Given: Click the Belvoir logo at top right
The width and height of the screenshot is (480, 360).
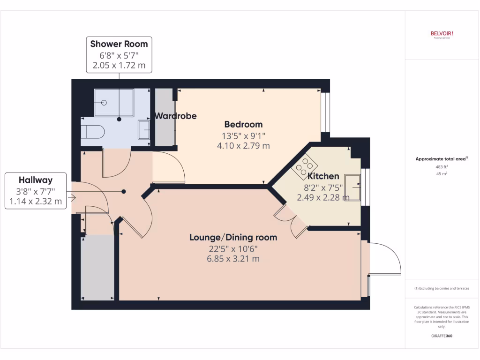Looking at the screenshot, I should click(442, 34).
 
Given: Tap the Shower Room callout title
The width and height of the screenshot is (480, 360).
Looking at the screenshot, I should click(119, 44).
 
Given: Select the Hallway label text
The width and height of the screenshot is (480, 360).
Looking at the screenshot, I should click(36, 180).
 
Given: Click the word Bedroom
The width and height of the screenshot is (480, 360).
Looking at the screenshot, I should click(243, 125).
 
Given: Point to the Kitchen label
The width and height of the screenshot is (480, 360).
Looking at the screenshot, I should click(323, 176).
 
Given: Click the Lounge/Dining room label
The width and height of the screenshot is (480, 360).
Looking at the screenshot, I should click(233, 237).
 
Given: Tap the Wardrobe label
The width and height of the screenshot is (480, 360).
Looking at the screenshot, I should click(176, 116).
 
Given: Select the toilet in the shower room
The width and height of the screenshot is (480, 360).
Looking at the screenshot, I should click(92, 131).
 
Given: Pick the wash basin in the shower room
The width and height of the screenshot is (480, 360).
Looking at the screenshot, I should click(144, 129).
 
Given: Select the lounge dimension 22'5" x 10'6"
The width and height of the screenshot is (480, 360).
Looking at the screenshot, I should click(233, 249).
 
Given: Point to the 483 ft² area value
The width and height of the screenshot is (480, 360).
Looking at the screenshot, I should click(442, 166).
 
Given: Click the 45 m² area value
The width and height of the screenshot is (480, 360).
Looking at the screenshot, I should click(442, 174).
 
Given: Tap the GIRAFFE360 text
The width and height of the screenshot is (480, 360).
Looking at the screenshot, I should click(442, 336).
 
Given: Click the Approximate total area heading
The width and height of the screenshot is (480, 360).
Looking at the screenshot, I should click(442, 159).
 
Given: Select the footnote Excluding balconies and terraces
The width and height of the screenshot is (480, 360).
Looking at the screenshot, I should click(442, 288).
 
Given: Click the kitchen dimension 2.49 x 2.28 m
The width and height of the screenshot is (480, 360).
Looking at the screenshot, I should click(323, 197).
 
